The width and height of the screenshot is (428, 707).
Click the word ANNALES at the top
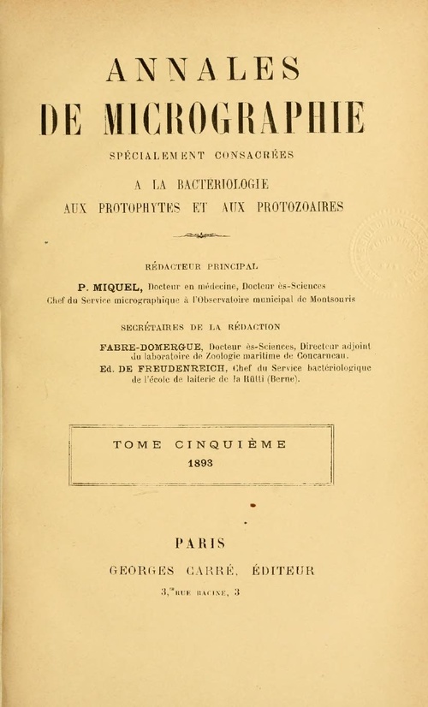[x=203, y=68]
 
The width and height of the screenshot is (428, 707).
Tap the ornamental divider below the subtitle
[x=202, y=235]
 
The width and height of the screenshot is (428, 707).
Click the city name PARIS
[x=199, y=542]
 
